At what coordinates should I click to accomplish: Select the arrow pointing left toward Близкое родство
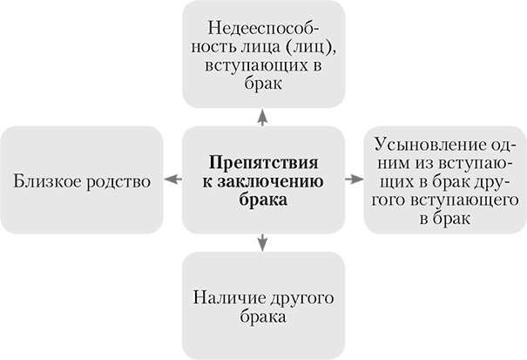pyautogui.click(x=172, y=180)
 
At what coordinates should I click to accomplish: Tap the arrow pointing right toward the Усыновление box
pyautogui.click(x=352, y=180)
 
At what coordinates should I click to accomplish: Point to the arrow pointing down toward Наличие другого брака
pyautogui.click(x=262, y=243)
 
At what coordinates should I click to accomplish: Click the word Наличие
pyautogui.click(x=218, y=299)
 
